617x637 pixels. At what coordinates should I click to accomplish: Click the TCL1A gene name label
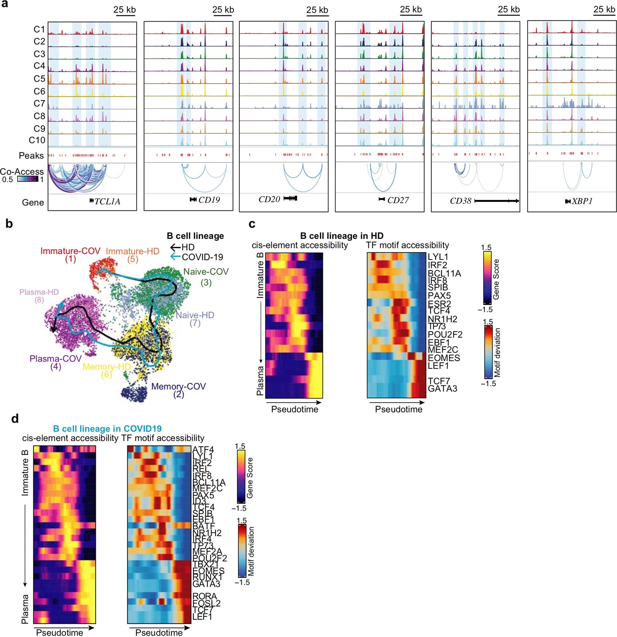click(x=107, y=202)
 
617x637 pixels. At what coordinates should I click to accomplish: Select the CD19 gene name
click(x=209, y=200)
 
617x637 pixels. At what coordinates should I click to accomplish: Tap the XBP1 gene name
click(x=582, y=201)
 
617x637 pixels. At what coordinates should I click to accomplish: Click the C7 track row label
click(x=39, y=103)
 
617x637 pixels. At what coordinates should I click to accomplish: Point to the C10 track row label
click(x=37, y=140)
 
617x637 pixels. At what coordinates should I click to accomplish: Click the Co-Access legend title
click(x=22, y=172)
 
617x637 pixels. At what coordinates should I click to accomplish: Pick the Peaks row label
click(x=31, y=156)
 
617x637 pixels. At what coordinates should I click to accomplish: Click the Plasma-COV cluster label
click(x=55, y=359)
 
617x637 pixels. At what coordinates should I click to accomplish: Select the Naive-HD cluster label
click(x=195, y=315)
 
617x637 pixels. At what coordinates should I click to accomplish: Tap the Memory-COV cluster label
click(x=178, y=386)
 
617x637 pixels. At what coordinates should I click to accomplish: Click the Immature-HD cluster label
click(x=133, y=251)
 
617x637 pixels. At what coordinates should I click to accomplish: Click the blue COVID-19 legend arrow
click(x=175, y=257)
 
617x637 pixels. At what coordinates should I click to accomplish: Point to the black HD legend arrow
click(x=175, y=247)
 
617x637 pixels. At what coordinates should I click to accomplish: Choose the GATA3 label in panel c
click(x=442, y=388)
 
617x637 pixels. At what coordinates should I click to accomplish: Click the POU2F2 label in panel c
click(x=445, y=335)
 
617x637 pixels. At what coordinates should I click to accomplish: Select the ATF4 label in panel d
click(x=203, y=450)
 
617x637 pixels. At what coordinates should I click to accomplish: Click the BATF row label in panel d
click(x=203, y=526)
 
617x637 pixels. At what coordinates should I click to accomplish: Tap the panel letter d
click(x=15, y=418)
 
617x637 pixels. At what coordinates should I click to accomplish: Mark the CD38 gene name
click(x=460, y=201)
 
